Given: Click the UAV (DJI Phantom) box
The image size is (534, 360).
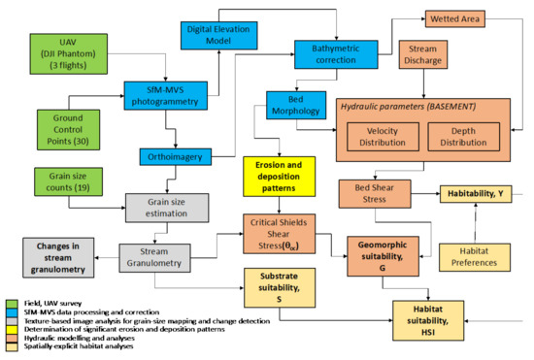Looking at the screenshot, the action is pyautogui.click(x=69, y=53).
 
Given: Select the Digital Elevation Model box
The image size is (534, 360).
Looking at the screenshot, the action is pyautogui.click(x=218, y=35).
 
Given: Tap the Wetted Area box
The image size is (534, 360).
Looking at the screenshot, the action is pyautogui.click(x=455, y=19).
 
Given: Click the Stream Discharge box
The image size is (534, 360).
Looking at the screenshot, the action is pyautogui.click(x=423, y=54).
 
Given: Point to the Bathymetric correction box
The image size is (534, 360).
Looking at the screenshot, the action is pyautogui.click(x=336, y=54).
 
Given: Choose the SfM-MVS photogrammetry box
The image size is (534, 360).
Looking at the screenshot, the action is pyautogui.click(x=165, y=96).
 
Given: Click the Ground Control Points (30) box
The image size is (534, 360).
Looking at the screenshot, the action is pyautogui.click(x=68, y=130).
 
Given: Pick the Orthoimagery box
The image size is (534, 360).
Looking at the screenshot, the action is pyautogui.click(x=176, y=157).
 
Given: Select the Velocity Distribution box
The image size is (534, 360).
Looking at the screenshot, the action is pyautogui.click(x=383, y=137).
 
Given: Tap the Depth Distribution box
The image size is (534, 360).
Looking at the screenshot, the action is pyautogui.click(x=463, y=137).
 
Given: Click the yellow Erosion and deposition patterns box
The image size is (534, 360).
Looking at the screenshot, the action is pyautogui.click(x=279, y=177).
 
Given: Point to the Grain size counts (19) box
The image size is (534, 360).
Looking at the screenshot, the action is pyautogui.click(x=68, y=181).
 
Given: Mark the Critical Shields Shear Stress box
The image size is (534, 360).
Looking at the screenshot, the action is pyautogui.click(x=279, y=234).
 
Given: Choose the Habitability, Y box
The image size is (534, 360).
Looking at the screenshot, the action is pyautogui.click(x=476, y=194).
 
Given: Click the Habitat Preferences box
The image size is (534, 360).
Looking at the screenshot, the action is pyautogui.click(x=475, y=257).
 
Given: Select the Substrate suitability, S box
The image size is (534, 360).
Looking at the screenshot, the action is pyautogui.click(x=280, y=288).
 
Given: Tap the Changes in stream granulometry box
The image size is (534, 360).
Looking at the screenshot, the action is pyautogui.click(x=58, y=257).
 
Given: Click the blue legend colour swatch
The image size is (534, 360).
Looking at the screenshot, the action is pyautogui.click(x=12, y=312).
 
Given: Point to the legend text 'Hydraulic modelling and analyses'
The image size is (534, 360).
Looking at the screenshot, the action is pyautogui.click(x=80, y=338).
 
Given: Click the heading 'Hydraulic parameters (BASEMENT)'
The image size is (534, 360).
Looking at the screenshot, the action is pyautogui.click(x=409, y=107).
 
